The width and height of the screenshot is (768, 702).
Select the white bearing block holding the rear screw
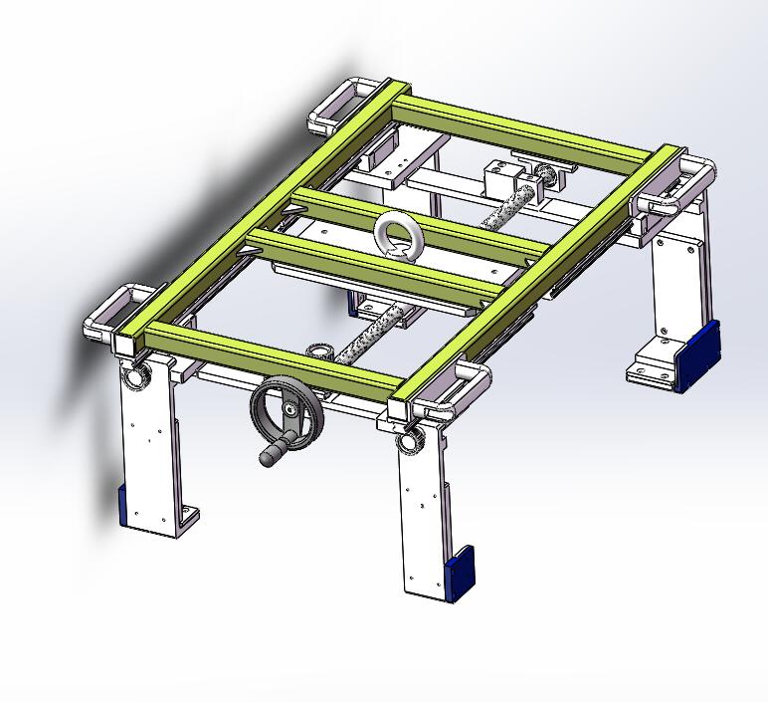[x=501, y=180]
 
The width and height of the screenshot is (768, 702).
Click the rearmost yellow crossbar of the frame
[x=527, y=128]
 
